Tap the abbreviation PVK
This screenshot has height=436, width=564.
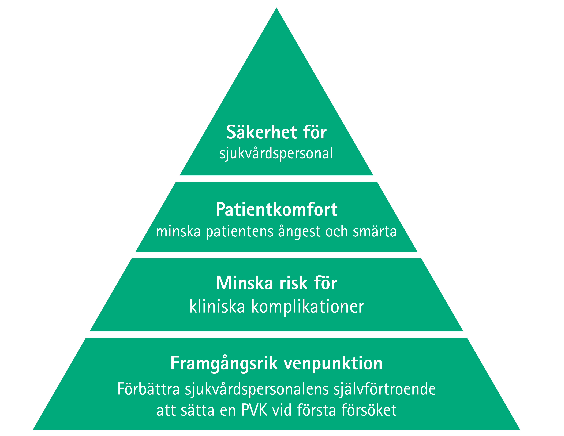pyautogui.click(x=254, y=410)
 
